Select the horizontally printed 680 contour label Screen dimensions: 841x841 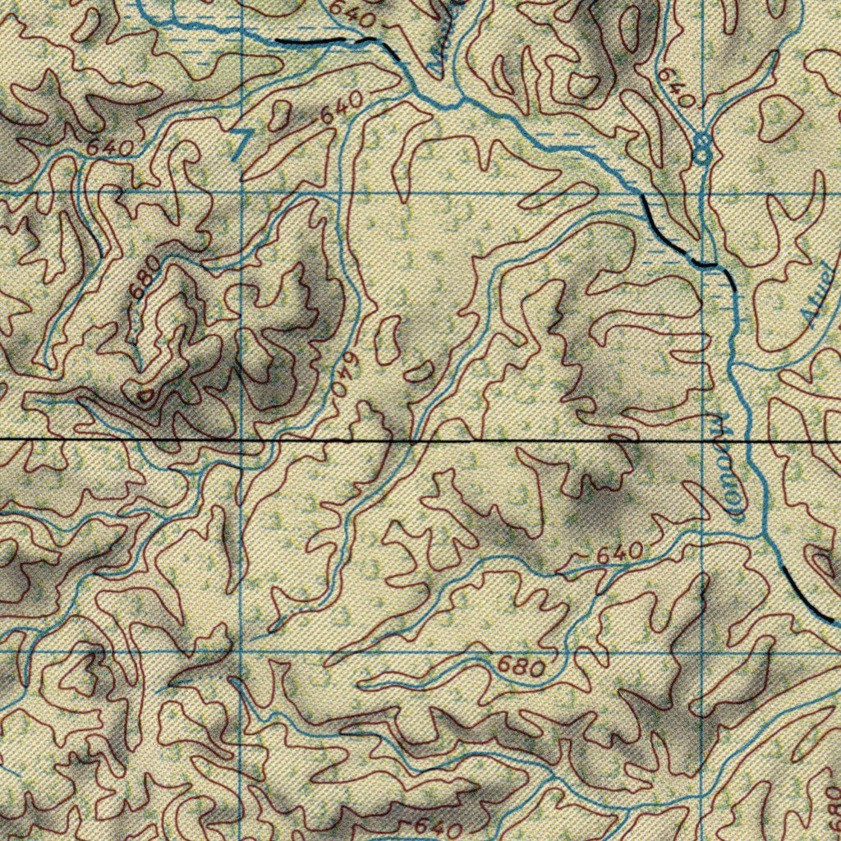coord(522,667)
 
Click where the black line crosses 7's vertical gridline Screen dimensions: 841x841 coord(241,442)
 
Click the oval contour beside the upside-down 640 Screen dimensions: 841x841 coord(387,342)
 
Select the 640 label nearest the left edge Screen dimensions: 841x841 coord(109,148)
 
